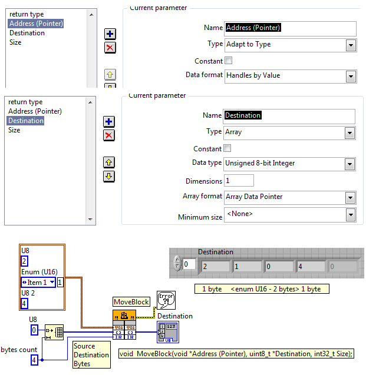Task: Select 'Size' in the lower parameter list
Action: click(x=14, y=130)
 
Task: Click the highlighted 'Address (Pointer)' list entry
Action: click(x=36, y=24)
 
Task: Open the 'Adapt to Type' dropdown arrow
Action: click(x=351, y=45)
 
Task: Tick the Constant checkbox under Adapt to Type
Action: click(x=229, y=60)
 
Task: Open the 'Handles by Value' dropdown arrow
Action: click(x=351, y=77)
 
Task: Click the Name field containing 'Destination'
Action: click(x=289, y=117)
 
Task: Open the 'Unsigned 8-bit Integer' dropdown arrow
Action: click(x=349, y=164)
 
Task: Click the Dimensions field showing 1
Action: click(x=239, y=181)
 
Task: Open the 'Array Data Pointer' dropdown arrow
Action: click(x=350, y=198)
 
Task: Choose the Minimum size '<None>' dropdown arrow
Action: click(x=351, y=215)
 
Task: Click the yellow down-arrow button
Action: click(x=109, y=177)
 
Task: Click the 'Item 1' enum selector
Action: click(x=38, y=283)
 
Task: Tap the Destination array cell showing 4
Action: click(x=311, y=267)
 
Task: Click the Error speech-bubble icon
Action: click(x=166, y=300)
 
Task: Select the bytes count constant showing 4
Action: click(x=34, y=360)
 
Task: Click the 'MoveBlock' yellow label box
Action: click(x=131, y=302)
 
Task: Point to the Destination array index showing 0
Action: click(x=189, y=264)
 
